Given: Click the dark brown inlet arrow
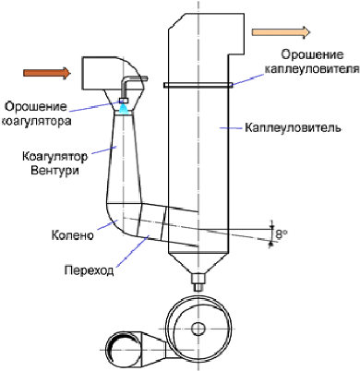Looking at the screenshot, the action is point(47,73).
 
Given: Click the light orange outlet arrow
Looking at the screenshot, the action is point(281,32).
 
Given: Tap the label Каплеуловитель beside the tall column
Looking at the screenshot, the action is point(293,127).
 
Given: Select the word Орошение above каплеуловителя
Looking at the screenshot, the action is point(312,54).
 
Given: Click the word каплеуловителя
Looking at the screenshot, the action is point(312,69).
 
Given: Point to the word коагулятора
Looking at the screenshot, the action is point(36,121).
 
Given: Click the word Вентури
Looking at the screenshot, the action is point(54,170).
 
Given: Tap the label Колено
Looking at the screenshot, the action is point(72,235).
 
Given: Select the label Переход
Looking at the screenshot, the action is point(89,270).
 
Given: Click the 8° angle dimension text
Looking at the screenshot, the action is point(281,234).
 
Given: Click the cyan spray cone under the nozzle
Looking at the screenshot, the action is point(124,109).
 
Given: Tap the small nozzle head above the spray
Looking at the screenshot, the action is point(124,101).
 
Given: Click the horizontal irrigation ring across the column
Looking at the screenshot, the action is point(198,85).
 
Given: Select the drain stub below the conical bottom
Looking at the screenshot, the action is point(198,282).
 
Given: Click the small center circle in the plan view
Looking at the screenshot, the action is point(198,329).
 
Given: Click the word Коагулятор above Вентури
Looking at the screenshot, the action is point(54,156).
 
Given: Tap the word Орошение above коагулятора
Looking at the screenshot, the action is point(36,106).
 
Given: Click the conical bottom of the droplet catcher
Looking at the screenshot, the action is point(198,263).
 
